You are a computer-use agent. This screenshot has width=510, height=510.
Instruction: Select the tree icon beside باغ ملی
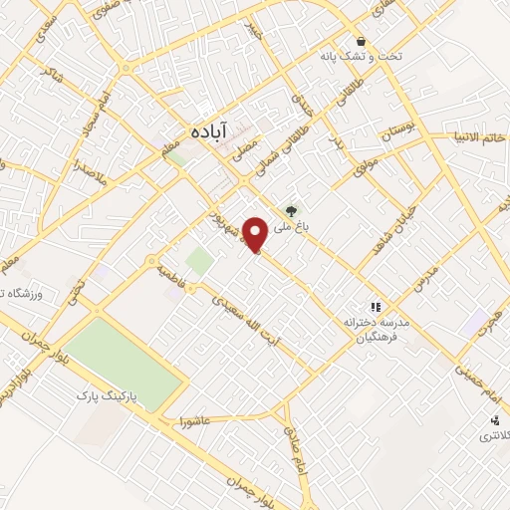[x=291, y=210]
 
